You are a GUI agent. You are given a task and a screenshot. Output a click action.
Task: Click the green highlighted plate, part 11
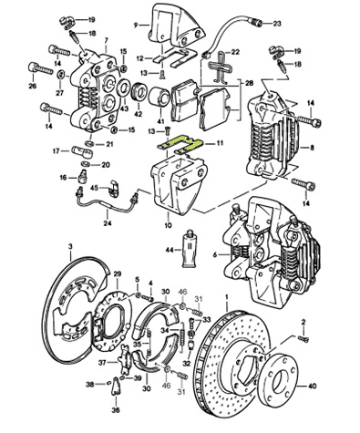pyautogui.click(x=180, y=144)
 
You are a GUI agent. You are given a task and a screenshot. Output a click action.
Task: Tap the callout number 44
pyautogui.click(x=170, y=250)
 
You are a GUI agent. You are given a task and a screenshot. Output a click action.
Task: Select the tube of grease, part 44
pyautogui.click(x=190, y=248)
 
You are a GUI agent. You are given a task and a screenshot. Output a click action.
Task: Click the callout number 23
pyautogui.click(x=276, y=24)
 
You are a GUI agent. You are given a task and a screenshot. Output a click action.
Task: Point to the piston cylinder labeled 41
pyautogui.click(x=159, y=97)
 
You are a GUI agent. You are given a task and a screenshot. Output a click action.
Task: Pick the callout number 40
pyautogui.click(x=312, y=387)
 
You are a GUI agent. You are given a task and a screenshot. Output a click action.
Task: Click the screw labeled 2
pyautogui.click(x=303, y=337)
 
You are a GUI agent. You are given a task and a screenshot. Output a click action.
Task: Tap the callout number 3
pyautogui.click(x=70, y=247)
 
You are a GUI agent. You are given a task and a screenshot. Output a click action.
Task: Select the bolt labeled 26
pyautogui.click(x=40, y=69)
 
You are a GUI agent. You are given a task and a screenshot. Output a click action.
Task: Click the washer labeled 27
pyautogui.click(x=60, y=75)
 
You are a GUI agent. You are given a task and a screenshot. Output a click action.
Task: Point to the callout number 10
pyautogui.click(x=168, y=225)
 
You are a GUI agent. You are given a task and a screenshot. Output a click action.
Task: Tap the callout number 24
pyautogui.click(x=108, y=223)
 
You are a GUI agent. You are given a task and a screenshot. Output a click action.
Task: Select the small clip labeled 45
pyautogui.click(x=115, y=188)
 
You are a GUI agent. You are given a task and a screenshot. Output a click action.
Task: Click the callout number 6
pyautogui.click(x=215, y=254)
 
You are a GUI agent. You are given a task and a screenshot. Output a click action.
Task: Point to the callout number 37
pyautogui.click(x=102, y=362)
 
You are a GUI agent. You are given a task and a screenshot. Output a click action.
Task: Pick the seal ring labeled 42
pyautogui.click(x=139, y=91)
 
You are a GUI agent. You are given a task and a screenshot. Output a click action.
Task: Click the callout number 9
pyautogui.click(x=136, y=26)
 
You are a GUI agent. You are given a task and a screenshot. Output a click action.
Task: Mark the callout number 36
pyautogui.click(x=116, y=410)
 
